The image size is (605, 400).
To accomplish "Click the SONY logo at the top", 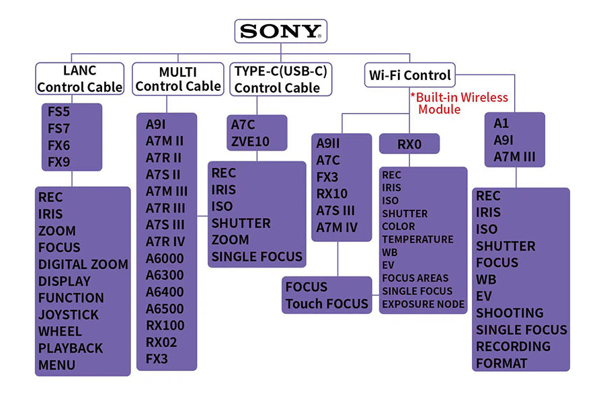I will click(280, 32).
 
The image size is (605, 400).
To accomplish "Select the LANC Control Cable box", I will click(79, 79).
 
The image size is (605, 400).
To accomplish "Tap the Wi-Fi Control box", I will click(410, 75).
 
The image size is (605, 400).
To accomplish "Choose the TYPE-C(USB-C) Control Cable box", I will click(281, 79).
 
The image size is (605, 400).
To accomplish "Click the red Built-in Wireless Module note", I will click(460, 103).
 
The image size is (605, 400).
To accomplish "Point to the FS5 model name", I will click(58, 112).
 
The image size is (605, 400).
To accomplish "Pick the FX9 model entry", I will click(58, 161).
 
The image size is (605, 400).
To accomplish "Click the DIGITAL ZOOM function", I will click(83, 264).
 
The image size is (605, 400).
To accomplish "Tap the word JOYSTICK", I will click(68, 315).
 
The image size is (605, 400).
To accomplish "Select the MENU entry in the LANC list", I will click(56, 365).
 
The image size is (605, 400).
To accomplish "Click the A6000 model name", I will click(165, 258).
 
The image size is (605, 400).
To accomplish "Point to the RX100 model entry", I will click(165, 325).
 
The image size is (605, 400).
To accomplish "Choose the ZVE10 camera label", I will click(250, 142).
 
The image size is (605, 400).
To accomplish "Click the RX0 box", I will click(409, 144).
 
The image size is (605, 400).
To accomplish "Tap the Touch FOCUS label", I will click(327, 303).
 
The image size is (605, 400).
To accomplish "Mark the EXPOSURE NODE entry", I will click(423, 304).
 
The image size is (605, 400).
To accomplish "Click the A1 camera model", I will click(501, 124).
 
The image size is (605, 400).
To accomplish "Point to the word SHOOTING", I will click(510, 313).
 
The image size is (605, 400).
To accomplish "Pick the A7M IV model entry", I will click(337, 227).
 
